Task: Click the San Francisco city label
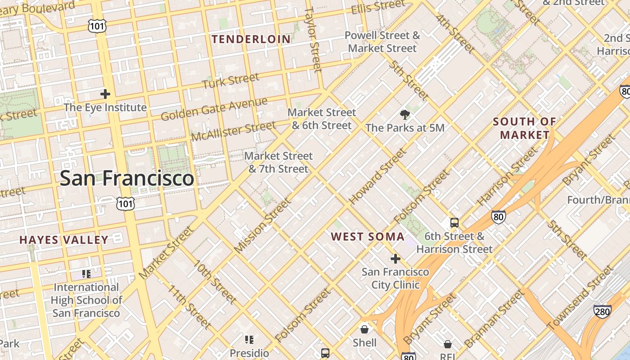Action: (127, 178)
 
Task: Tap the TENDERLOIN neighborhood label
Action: (252, 40)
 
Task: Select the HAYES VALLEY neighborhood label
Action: (64, 240)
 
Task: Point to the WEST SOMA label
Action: (368, 237)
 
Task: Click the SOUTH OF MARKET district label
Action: (525, 128)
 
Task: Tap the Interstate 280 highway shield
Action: (602, 311)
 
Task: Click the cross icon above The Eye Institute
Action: (105, 94)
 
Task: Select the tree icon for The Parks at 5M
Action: (405, 114)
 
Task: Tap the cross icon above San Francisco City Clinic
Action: (396, 259)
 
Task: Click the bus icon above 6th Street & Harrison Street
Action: (454, 223)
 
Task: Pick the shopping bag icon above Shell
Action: (364, 329)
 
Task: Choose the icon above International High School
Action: (86, 274)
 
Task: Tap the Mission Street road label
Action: (263, 225)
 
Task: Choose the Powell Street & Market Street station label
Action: (382, 42)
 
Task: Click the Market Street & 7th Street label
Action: (279, 162)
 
